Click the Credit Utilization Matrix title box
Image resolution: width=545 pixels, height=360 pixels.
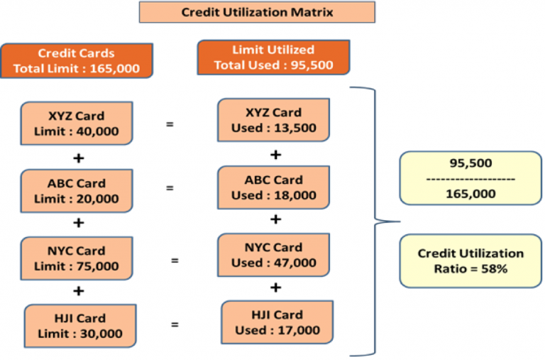click(x=256, y=12)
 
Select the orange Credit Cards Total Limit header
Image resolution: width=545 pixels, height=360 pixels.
click(x=76, y=61)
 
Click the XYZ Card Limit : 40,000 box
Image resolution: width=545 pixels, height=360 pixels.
click(x=76, y=124)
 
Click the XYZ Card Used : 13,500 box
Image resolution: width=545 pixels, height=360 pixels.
click(x=274, y=120)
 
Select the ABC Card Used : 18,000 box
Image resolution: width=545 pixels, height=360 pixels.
click(x=274, y=187)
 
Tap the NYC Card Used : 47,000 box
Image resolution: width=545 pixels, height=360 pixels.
click(x=274, y=255)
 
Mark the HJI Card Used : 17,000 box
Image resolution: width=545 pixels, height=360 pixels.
click(x=275, y=322)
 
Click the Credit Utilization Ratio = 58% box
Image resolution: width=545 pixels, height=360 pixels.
click(x=470, y=261)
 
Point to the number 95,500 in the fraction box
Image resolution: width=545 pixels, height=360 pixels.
click(x=470, y=163)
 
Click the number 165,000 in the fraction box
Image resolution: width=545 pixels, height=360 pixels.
click(x=470, y=193)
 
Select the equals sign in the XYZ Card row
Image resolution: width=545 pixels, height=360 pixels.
click(x=170, y=124)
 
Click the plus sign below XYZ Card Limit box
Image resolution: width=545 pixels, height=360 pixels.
click(x=78, y=156)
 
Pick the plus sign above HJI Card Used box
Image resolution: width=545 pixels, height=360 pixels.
click(x=276, y=288)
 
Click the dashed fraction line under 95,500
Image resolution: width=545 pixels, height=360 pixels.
click(x=470, y=178)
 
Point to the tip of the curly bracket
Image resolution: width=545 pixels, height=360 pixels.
click(x=378, y=222)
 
